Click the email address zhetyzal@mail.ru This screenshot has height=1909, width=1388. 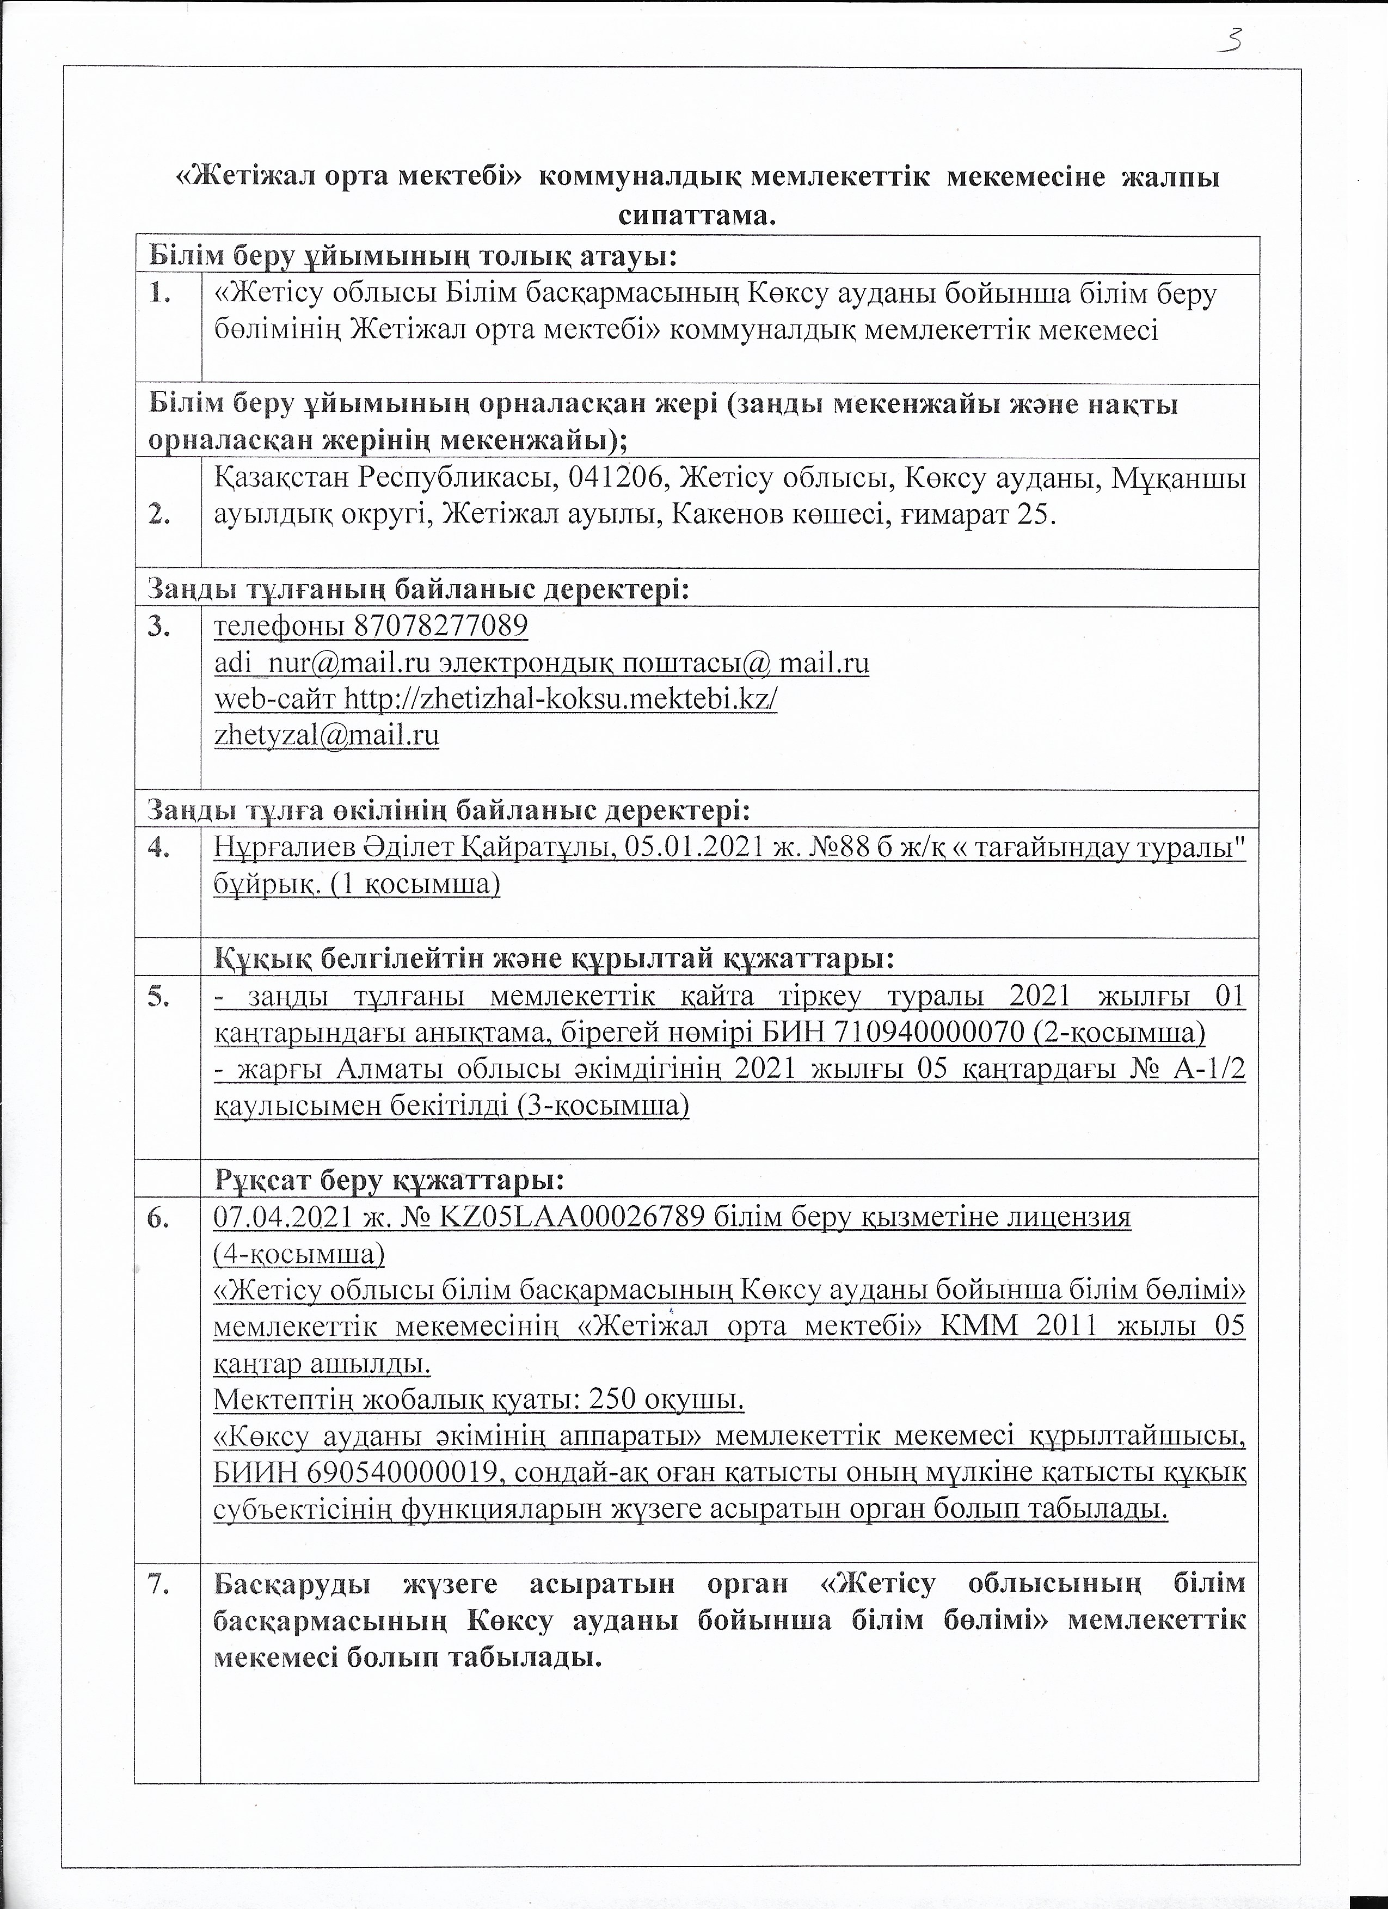click(327, 735)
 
